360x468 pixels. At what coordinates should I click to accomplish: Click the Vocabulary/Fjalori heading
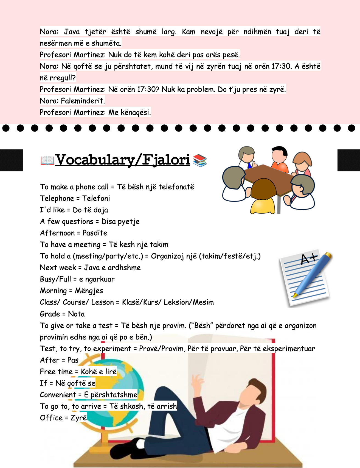click(x=123, y=160)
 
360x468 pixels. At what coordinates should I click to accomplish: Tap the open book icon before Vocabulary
click(x=47, y=161)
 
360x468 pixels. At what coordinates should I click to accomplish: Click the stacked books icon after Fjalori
click(x=200, y=161)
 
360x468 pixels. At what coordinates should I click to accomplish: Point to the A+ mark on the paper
click(x=308, y=259)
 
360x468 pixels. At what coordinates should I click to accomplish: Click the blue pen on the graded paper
click(x=313, y=275)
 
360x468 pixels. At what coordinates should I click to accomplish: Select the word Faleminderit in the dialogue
click(x=83, y=101)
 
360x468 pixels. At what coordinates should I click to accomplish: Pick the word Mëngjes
click(x=89, y=291)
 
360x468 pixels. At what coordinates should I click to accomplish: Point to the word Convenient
click(x=58, y=395)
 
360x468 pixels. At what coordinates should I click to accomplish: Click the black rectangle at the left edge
click(x=12, y=160)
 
